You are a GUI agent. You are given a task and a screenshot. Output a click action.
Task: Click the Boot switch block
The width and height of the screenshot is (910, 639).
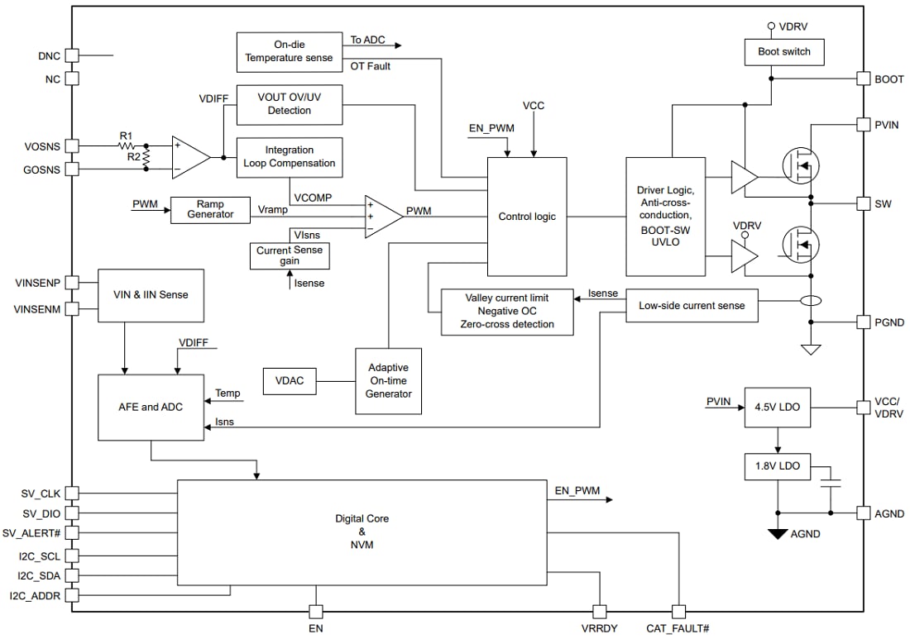pyautogui.click(x=784, y=51)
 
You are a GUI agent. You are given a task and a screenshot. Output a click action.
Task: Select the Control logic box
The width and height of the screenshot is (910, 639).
pyautogui.click(x=527, y=217)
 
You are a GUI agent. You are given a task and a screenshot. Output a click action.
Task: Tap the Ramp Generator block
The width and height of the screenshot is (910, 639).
pyautogui.click(x=210, y=209)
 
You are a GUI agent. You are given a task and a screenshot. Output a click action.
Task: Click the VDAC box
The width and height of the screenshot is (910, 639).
pyautogui.click(x=290, y=381)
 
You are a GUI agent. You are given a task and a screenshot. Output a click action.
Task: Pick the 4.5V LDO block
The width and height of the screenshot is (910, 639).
pyautogui.click(x=777, y=407)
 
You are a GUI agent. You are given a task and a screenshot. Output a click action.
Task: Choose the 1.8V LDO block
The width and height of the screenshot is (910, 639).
pyautogui.click(x=777, y=466)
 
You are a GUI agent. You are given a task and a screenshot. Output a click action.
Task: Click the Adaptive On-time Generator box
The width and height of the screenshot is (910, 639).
pyautogui.click(x=388, y=381)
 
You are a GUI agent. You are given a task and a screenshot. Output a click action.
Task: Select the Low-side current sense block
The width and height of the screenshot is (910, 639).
pyautogui.click(x=692, y=306)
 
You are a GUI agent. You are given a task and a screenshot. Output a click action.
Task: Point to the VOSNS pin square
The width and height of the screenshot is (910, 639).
pyautogui.click(x=72, y=145)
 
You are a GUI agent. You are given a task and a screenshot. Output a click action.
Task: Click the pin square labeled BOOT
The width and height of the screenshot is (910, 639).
pyautogui.click(x=860, y=79)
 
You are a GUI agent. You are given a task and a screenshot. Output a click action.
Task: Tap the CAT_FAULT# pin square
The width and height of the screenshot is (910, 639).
pyautogui.click(x=678, y=612)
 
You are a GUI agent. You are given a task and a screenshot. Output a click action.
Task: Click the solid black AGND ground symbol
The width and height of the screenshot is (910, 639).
pyautogui.click(x=777, y=534)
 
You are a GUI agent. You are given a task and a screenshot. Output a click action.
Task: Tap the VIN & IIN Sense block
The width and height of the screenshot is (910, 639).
pyautogui.click(x=150, y=294)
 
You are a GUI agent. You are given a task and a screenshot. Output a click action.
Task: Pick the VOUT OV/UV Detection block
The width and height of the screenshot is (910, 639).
pyautogui.click(x=289, y=104)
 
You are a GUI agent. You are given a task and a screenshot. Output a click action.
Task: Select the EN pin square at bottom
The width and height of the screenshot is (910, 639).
pyautogui.click(x=315, y=612)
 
